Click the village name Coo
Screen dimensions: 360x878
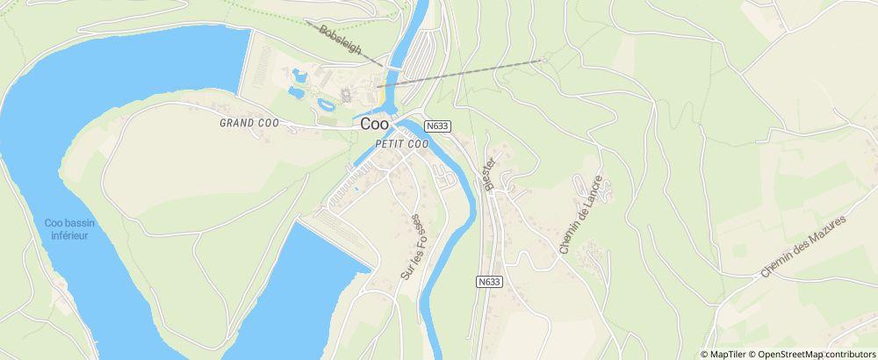[375, 125]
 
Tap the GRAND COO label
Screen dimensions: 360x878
[248, 124]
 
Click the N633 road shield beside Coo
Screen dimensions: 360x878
[437, 126]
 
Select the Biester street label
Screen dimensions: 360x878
[489, 173]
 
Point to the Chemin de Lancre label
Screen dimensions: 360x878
[583, 214]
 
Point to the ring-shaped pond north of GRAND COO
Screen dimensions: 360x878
[327, 104]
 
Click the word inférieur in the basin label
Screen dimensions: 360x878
[69, 235]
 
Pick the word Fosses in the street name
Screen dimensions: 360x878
[418, 230]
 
